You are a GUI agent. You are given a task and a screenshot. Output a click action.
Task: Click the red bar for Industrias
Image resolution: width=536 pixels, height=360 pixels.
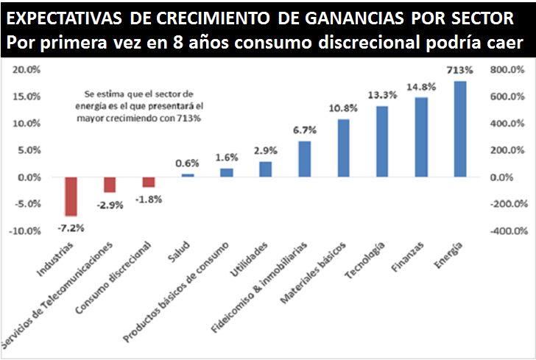(71, 196)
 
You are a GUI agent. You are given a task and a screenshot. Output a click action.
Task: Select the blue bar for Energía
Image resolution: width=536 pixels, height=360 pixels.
(460, 129)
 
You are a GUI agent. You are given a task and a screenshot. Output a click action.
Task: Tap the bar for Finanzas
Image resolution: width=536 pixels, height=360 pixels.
(421, 137)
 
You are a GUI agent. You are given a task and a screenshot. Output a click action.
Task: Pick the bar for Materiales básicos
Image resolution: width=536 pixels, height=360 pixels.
(343, 147)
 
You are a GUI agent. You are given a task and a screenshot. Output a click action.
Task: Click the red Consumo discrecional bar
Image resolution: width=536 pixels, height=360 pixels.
(149, 182)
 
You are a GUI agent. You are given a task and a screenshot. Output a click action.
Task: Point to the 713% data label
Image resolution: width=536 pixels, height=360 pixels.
(459, 71)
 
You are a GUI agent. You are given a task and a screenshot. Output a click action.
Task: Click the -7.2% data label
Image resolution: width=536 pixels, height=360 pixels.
(71, 227)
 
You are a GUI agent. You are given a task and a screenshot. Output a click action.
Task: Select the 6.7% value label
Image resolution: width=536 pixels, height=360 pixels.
(304, 130)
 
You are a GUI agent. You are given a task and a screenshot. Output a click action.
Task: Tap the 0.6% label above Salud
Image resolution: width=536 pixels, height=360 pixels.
(187, 163)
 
